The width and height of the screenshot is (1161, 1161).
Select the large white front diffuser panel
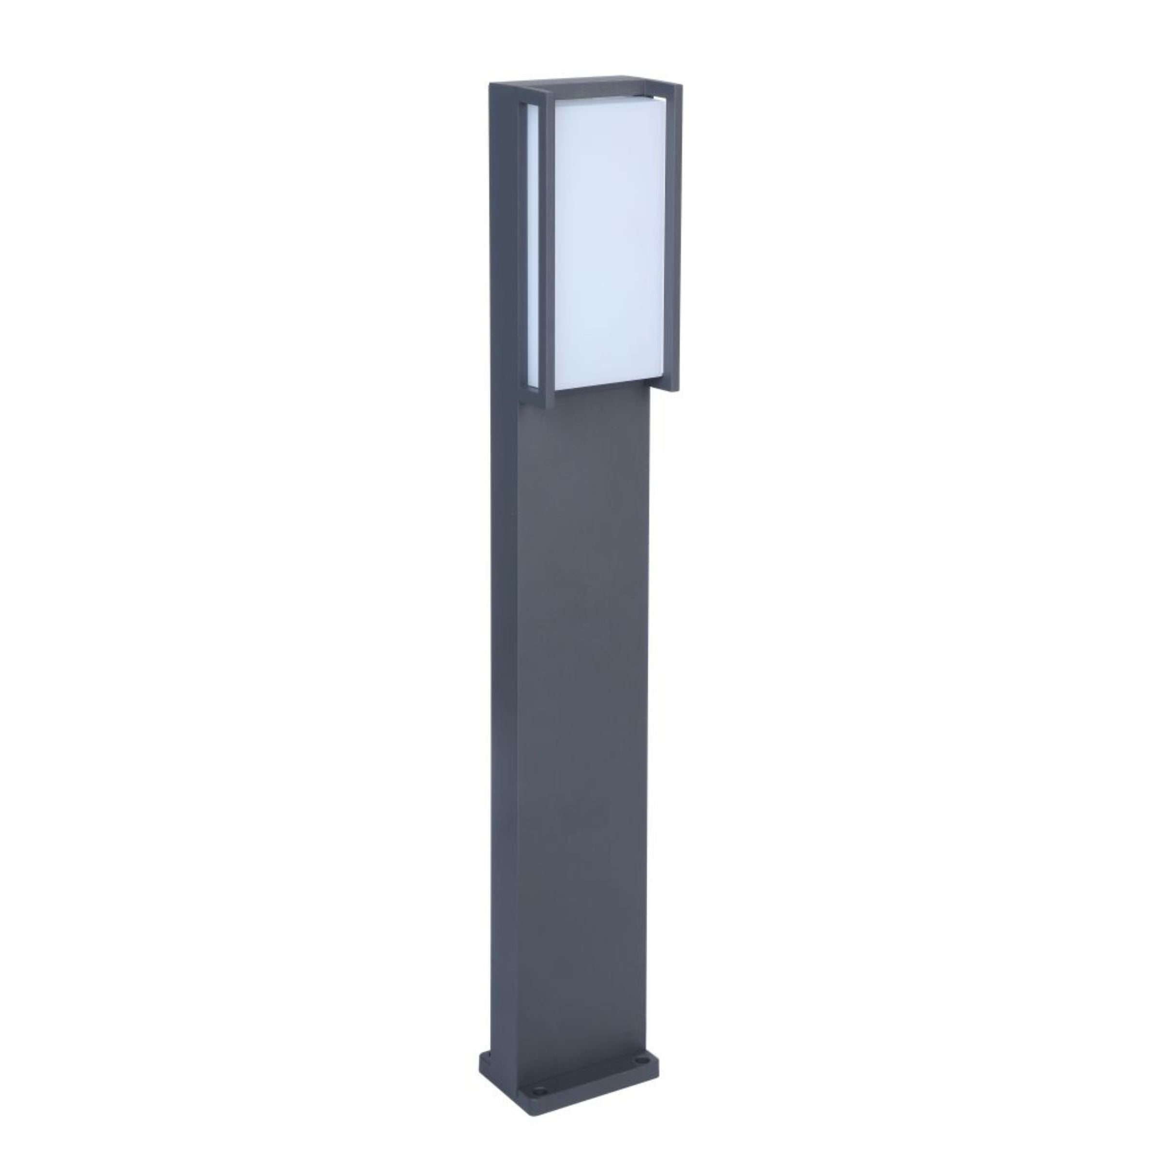pos(607,240)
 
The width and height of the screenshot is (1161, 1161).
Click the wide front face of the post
pos(583,721)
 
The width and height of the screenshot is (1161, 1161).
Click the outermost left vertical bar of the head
pos(499,240)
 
